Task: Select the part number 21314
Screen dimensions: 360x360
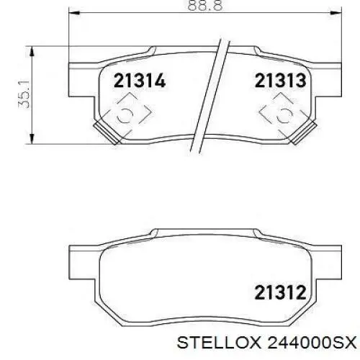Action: point(138,81)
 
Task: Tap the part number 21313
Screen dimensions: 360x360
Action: point(279,81)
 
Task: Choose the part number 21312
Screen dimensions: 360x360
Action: point(279,292)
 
